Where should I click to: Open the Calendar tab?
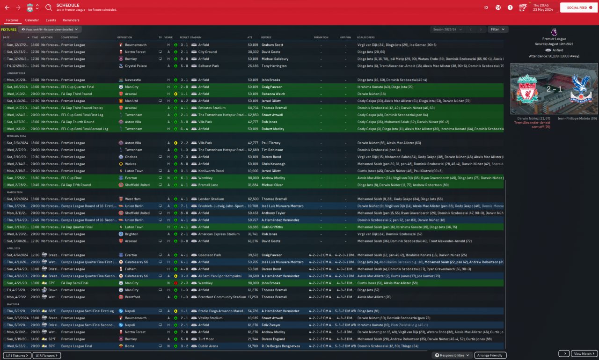click(32, 20)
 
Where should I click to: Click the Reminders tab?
click(71, 20)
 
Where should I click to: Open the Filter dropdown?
click(497, 29)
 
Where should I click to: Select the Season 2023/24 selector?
click(448, 29)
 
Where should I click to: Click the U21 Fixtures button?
click(17, 355)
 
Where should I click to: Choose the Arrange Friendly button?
click(490, 355)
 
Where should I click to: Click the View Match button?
click(584, 353)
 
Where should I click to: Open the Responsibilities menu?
click(452, 355)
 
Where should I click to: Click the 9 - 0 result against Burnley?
click(184, 59)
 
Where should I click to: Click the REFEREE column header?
click(266, 37)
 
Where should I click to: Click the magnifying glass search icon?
click(49, 7)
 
